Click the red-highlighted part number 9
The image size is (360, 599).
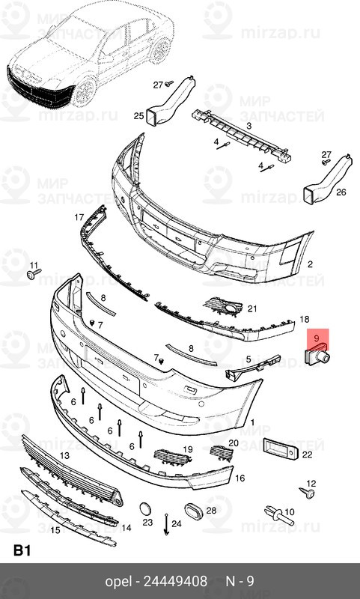click(x=317, y=339)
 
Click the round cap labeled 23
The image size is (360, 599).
click(x=144, y=509)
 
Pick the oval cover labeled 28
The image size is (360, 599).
click(x=195, y=515)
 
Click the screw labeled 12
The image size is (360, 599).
click(x=306, y=492)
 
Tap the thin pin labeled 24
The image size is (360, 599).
click(x=165, y=524)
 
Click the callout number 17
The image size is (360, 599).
click(x=79, y=218)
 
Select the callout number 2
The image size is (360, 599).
click(x=309, y=264)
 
